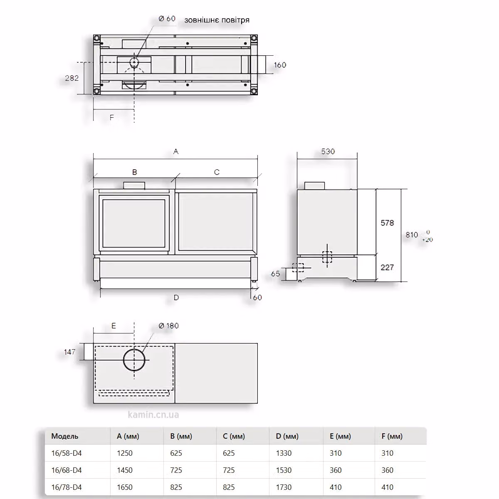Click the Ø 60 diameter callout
[x=167, y=19]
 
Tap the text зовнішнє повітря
[x=217, y=20]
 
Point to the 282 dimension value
[x=72, y=78]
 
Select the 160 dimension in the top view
[x=280, y=65]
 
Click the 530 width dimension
[x=328, y=151]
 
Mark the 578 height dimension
[x=387, y=223]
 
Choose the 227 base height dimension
[x=387, y=267]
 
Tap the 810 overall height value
[x=412, y=235]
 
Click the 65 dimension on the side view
[x=275, y=274]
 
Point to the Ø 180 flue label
[x=168, y=326]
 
